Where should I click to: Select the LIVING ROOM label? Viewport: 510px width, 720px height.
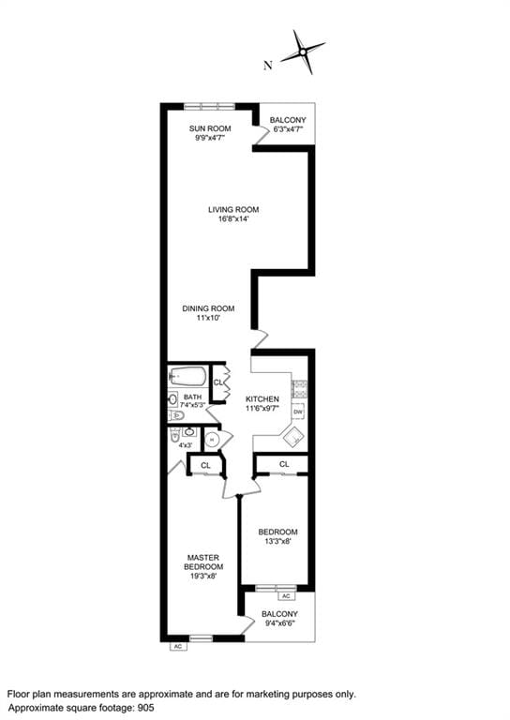click(233, 209)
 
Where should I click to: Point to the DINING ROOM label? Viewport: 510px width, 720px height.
click(208, 308)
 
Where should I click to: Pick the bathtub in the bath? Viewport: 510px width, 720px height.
click(188, 377)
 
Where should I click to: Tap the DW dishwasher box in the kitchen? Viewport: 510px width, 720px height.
click(298, 412)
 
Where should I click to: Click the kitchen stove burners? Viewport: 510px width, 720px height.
click(299, 387)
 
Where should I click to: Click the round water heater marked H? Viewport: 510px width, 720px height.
click(212, 439)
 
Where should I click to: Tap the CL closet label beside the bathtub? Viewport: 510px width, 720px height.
click(217, 382)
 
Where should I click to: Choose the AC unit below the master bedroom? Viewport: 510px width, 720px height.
click(177, 646)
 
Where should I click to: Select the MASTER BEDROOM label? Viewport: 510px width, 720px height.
click(203, 563)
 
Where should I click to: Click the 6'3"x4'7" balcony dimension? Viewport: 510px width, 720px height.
click(287, 130)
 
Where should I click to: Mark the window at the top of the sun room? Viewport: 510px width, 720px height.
click(209, 105)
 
